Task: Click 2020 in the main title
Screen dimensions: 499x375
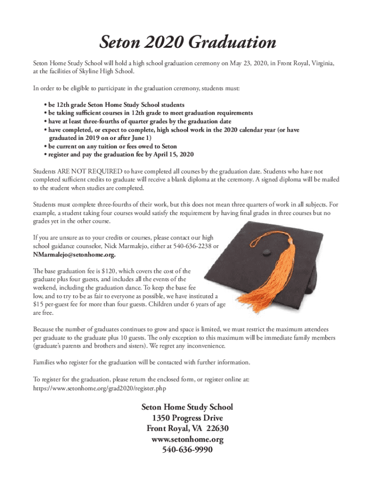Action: click(162, 42)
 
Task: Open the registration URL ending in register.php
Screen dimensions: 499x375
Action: click(102, 388)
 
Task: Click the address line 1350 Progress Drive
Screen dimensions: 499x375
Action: click(187, 418)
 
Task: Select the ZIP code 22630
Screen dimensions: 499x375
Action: click(218, 428)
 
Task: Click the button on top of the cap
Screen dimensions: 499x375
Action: click(266, 252)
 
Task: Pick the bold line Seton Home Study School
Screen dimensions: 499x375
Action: click(187, 406)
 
